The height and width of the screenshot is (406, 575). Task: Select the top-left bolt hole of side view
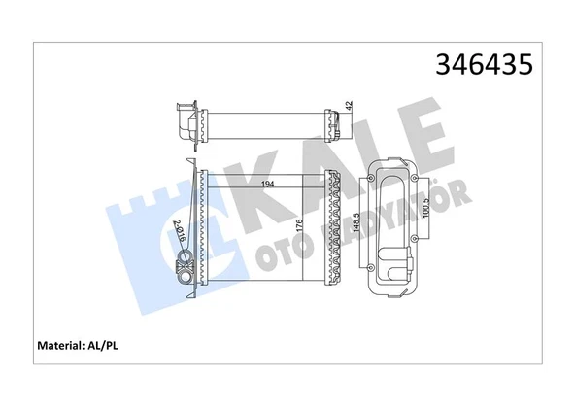[x=374, y=181]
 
